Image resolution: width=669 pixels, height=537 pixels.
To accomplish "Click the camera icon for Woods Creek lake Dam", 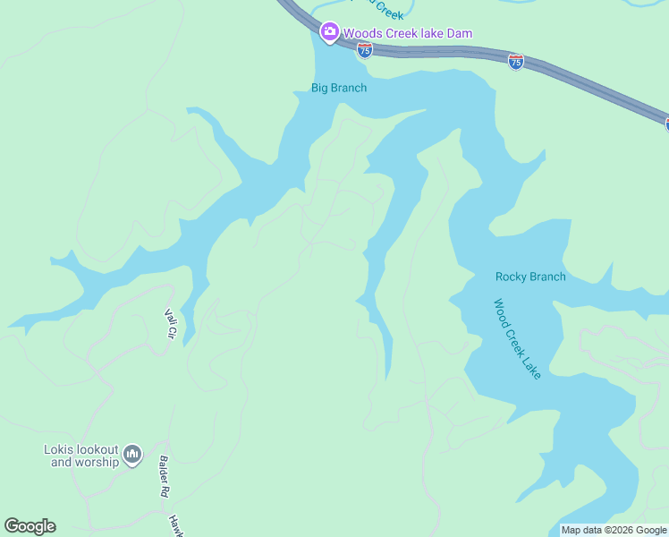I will pyautogui.click(x=329, y=34).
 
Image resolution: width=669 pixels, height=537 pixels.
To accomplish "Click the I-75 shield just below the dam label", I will pyautogui.click(x=364, y=50).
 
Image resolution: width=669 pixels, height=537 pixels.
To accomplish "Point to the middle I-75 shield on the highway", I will pyautogui.click(x=515, y=62).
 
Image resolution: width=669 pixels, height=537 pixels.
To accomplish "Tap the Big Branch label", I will pyautogui.click(x=338, y=88).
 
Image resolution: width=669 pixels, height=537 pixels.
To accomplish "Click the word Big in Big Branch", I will pyautogui.click(x=319, y=88).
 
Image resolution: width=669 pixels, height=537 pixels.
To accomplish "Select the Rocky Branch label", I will pyautogui.click(x=530, y=277).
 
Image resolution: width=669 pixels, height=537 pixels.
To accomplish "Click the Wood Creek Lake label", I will pyautogui.click(x=518, y=338).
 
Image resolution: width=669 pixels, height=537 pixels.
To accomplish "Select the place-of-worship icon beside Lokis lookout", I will pyautogui.click(x=132, y=455).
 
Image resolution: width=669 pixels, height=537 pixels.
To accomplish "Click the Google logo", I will pyautogui.click(x=30, y=526).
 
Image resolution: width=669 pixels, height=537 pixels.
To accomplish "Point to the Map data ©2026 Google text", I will pyautogui.click(x=614, y=530).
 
